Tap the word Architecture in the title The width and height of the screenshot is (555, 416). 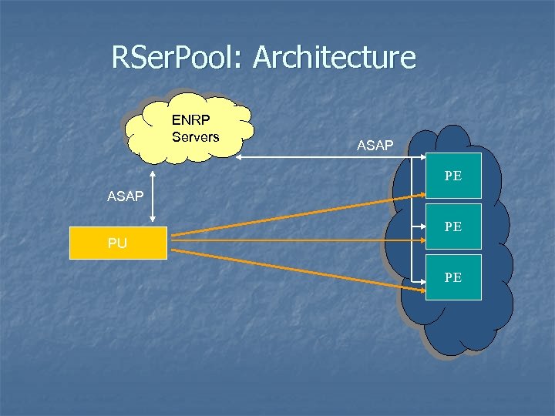334,58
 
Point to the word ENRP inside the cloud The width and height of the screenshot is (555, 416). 190,121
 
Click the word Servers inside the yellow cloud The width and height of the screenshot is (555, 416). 195,137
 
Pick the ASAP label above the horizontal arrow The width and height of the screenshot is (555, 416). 375,145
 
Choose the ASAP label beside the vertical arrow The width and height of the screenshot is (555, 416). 125,196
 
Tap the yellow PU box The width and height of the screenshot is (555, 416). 118,243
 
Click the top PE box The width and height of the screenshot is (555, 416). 453,176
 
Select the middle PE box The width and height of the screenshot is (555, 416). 453,227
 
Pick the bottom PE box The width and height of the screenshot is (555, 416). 453,277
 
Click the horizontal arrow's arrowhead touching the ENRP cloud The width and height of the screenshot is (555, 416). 240,157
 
